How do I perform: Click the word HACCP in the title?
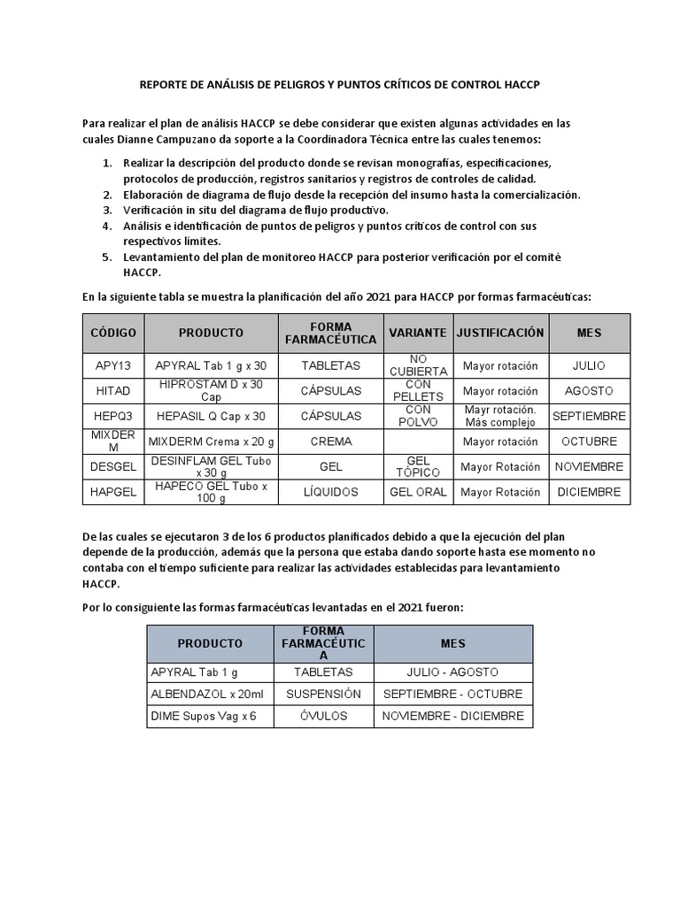(x=520, y=84)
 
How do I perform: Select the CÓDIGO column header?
(x=113, y=333)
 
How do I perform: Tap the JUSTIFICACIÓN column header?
(x=499, y=333)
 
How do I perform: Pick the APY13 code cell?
(x=113, y=365)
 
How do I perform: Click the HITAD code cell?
(x=113, y=391)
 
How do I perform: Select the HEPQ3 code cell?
(x=113, y=416)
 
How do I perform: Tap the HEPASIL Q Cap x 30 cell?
(x=211, y=416)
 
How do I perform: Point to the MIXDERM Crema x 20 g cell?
(x=211, y=441)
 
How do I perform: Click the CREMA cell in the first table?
(x=331, y=441)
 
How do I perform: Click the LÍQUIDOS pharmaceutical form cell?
(x=331, y=492)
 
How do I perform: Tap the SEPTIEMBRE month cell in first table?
(x=589, y=416)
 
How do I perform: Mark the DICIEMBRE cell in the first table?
(x=589, y=492)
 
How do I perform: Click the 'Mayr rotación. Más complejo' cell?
(x=499, y=416)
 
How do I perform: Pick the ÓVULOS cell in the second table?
(x=324, y=716)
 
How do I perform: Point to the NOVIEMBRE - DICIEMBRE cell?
(x=452, y=716)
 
